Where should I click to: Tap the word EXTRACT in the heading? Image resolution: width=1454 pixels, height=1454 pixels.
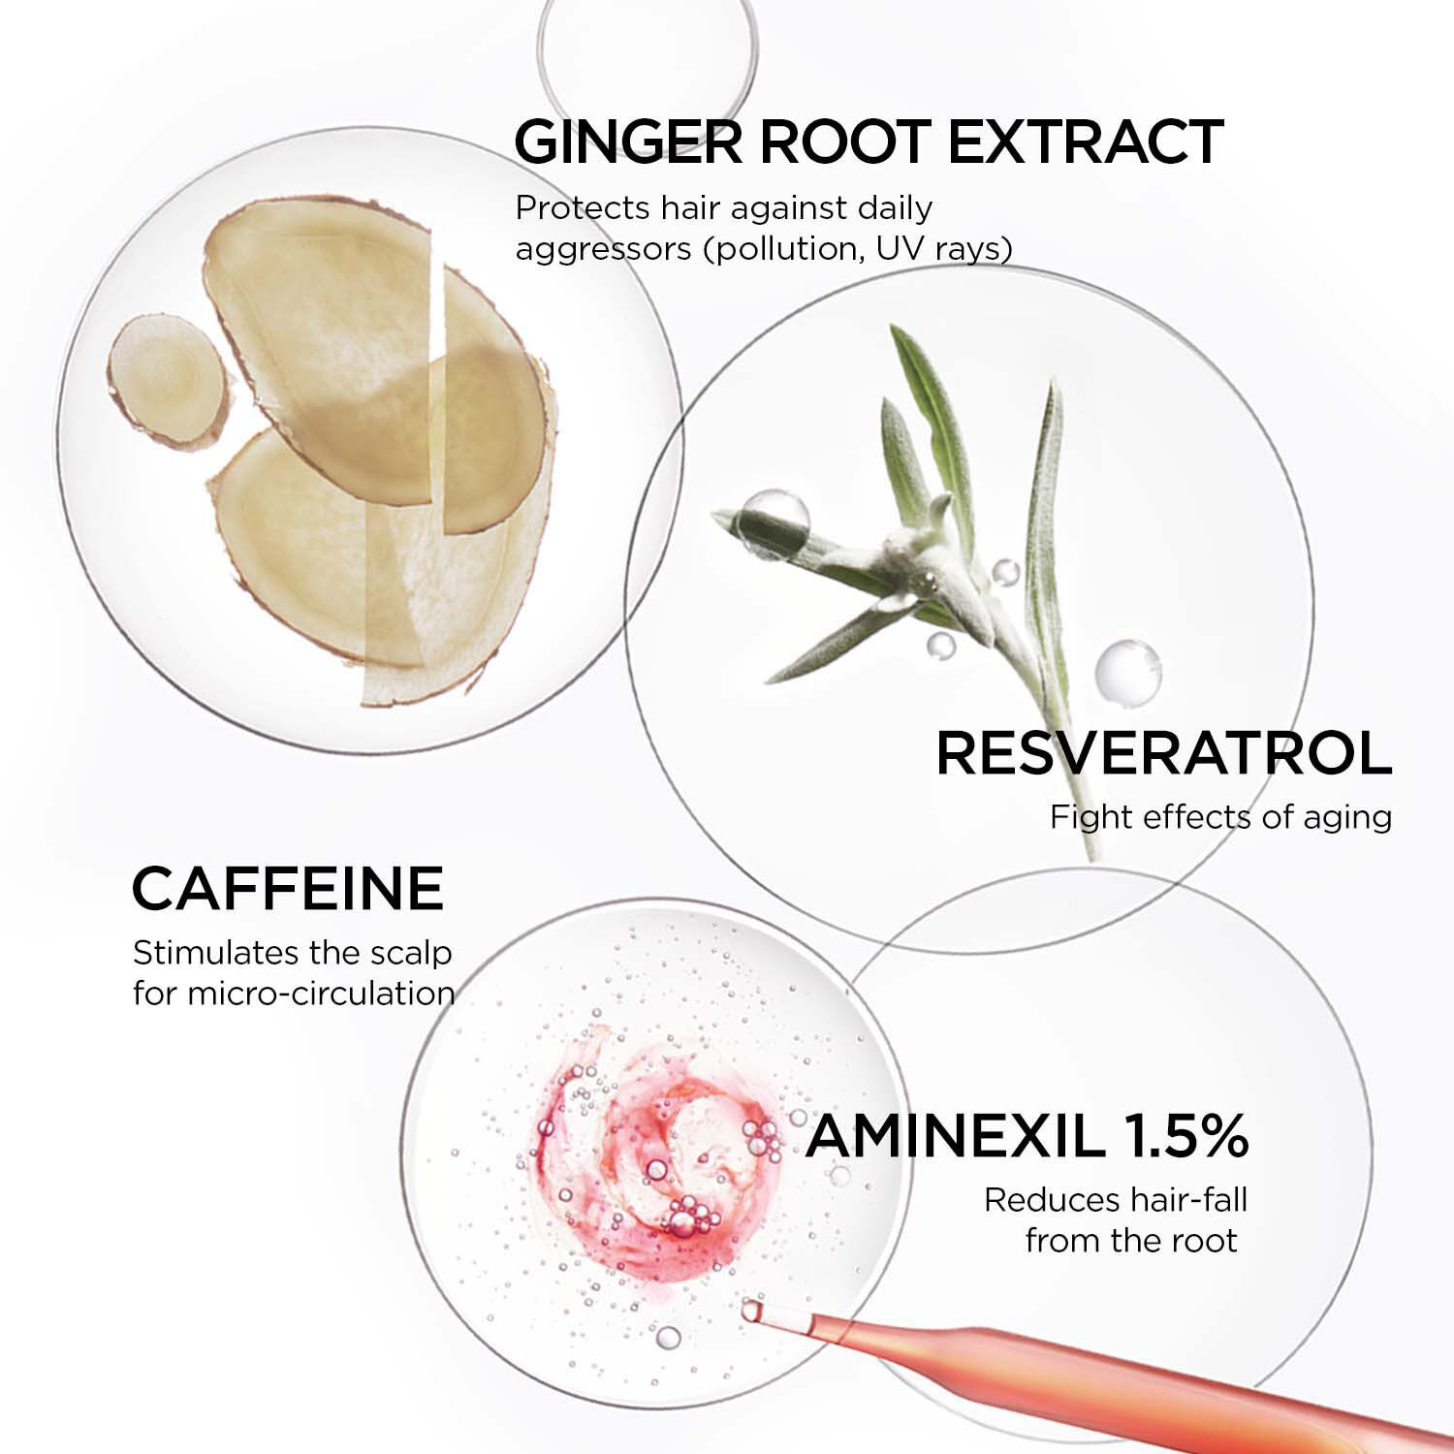(x=1085, y=142)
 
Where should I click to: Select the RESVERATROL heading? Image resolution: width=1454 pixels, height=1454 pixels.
(x=1163, y=754)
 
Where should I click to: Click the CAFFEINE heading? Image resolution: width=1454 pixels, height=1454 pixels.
(x=288, y=888)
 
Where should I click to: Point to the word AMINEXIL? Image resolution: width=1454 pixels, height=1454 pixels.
(x=955, y=1136)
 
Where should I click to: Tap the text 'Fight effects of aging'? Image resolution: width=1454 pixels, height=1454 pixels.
(x=1220, y=817)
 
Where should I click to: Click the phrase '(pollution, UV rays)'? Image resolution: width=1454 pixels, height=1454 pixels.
(x=858, y=249)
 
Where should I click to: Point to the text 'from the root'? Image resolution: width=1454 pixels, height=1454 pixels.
(x=1131, y=1241)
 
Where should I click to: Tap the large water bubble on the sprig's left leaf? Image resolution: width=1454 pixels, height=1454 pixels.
(x=773, y=523)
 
